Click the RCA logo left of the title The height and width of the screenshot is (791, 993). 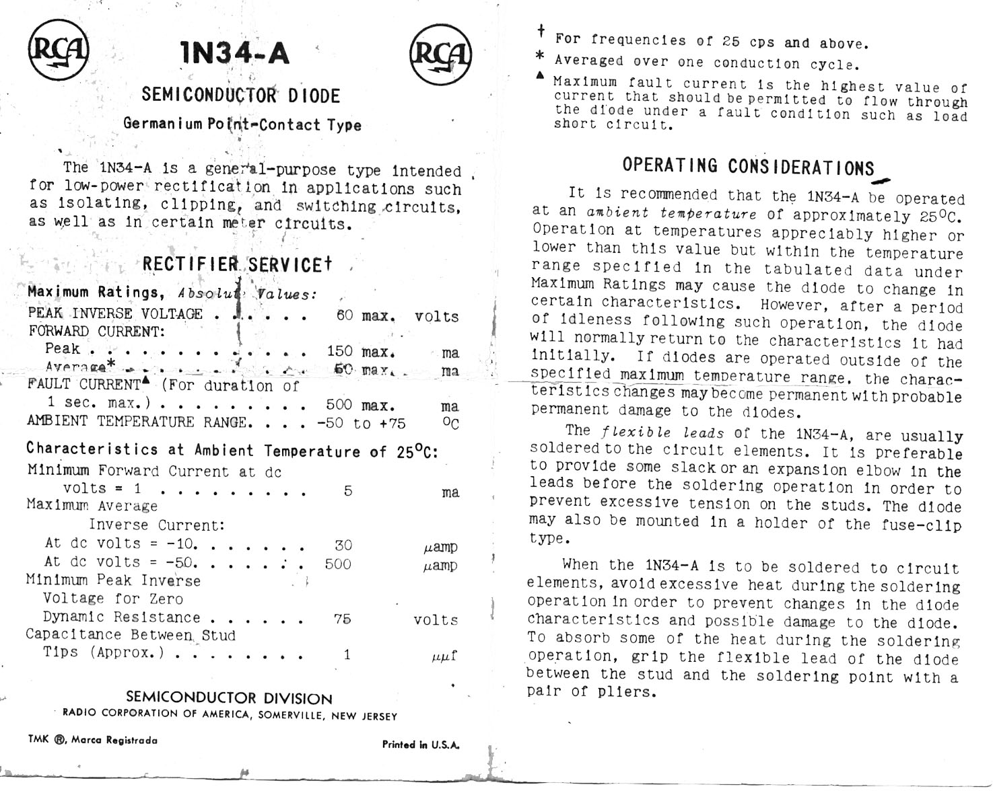59,50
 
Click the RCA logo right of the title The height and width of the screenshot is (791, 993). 441,54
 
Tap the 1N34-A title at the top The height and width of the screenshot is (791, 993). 235,53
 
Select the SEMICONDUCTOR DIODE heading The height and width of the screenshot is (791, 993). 240,96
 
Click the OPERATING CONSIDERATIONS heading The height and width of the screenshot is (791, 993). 748,166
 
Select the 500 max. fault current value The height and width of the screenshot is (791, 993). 359,405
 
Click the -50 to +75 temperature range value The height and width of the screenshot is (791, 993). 362,423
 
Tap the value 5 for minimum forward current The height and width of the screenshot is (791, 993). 347,491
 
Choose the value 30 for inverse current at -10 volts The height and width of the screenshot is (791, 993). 343,545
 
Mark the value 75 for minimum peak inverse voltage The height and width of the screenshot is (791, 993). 343,619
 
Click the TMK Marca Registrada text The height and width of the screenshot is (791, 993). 93,740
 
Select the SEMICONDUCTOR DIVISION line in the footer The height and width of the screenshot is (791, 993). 229,698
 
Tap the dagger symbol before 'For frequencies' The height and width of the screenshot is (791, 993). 541,31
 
